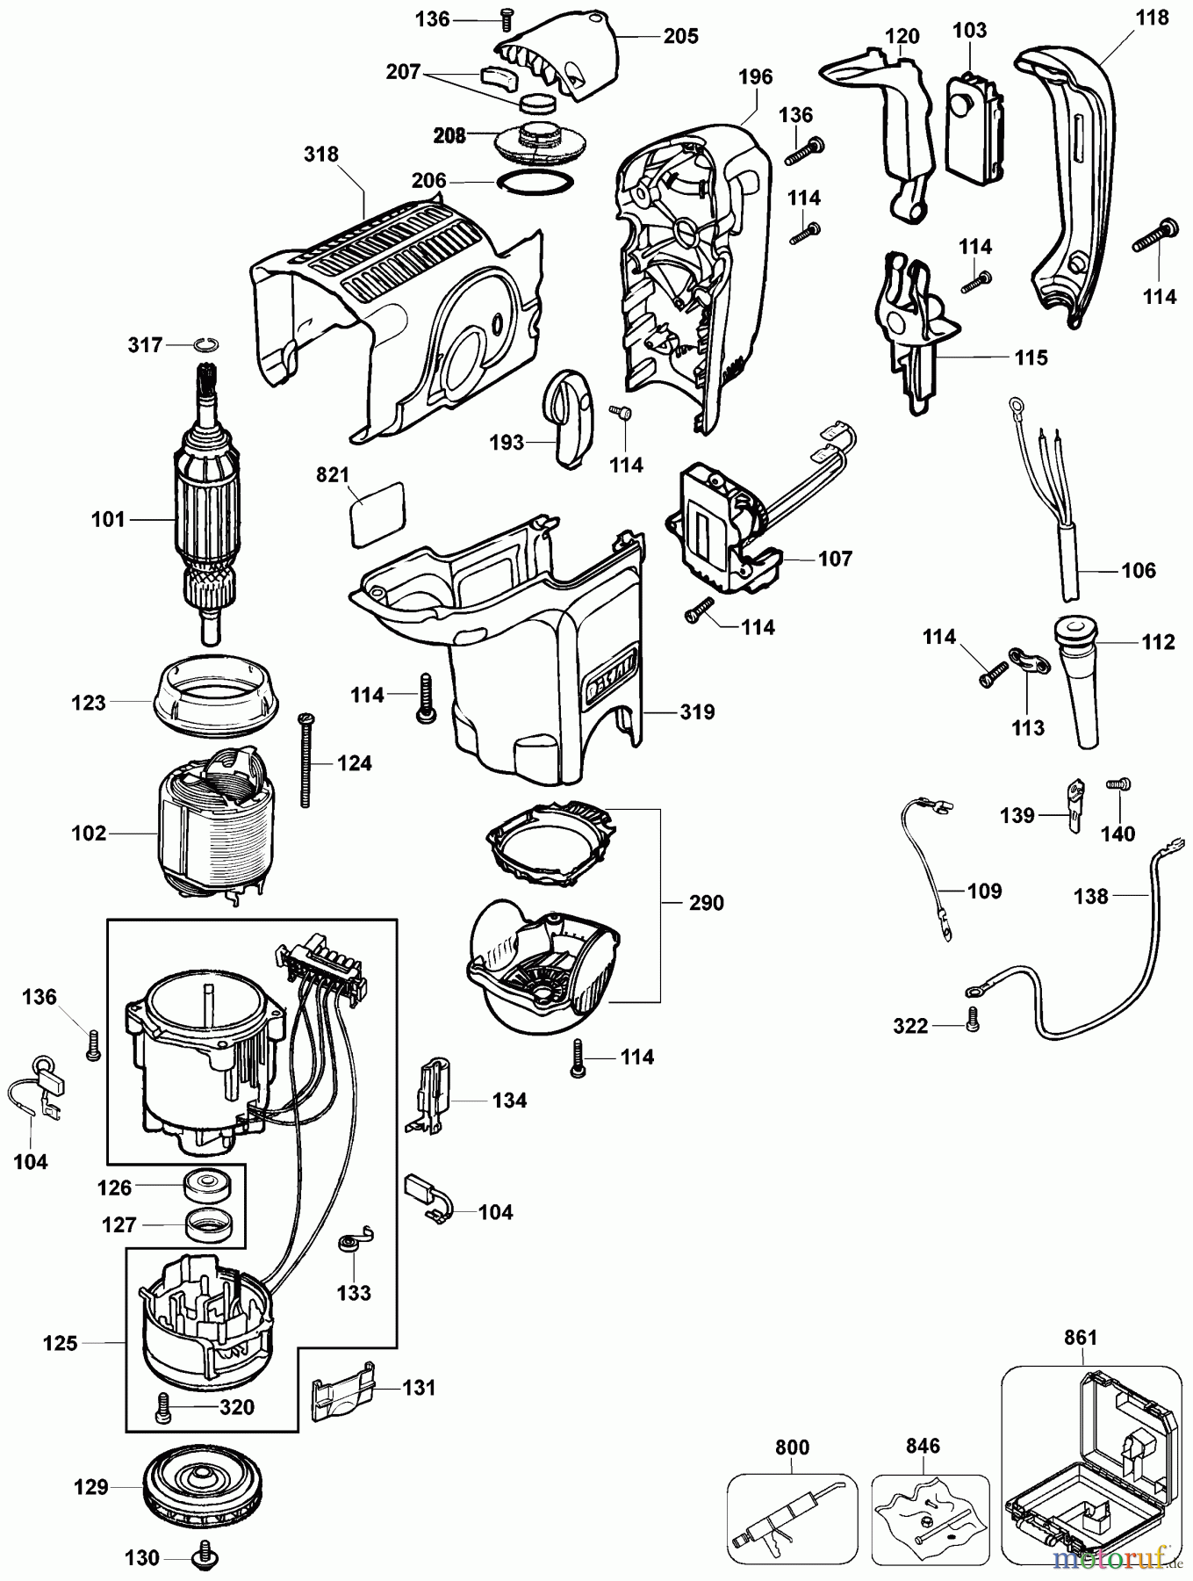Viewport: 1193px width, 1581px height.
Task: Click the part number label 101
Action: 108,519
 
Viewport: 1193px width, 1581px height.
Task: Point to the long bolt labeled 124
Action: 306,760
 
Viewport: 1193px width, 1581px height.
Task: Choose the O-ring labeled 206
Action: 535,181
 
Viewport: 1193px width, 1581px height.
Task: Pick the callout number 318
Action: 321,155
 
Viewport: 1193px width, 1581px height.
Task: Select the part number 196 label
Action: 755,77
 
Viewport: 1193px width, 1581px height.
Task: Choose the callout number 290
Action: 706,903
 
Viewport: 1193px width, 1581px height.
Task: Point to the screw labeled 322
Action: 972,1021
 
